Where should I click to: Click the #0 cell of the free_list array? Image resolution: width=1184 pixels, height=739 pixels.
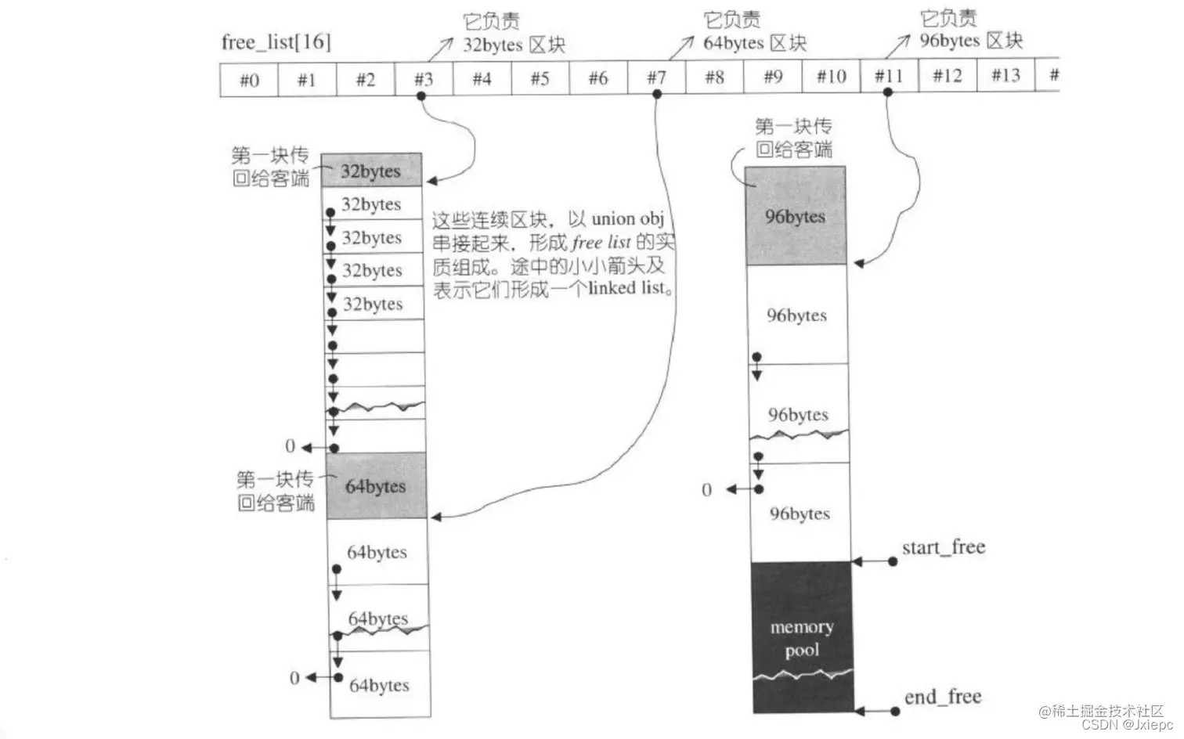pos(249,80)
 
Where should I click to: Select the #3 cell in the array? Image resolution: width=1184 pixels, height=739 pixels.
pos(424,79)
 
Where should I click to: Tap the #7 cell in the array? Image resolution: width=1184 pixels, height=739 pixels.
pos(656,78)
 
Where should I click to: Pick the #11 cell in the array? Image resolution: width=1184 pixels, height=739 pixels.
pos(889,76)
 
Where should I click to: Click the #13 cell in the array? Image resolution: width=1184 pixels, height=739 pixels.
pos(1005,75)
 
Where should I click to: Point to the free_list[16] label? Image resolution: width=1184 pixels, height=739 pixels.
pos(276,42)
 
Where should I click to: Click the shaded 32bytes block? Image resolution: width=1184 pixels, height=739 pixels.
pos(371,171)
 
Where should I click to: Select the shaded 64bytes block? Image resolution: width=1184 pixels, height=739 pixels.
pos(376,485)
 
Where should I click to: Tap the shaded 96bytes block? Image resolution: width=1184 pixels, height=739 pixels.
pos(795,216)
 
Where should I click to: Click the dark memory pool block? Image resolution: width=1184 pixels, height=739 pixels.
pos(802,637)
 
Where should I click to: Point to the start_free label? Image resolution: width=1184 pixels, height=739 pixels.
pos(943,547)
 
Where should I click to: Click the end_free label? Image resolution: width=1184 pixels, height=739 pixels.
pos(942,697)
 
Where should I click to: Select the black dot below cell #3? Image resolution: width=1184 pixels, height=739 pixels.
pos(421,96)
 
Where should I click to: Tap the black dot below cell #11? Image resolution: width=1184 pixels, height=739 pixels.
pos(887,92)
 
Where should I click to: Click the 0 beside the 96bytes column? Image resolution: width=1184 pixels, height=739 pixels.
pos(706,490)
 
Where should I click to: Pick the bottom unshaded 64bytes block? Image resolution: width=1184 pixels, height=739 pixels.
pos(379,685)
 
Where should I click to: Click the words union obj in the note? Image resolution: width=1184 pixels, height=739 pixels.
pos(627,218)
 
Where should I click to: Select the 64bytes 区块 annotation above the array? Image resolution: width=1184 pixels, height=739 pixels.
pos(754,43)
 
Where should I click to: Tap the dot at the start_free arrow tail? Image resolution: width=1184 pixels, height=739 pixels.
pos(893,561)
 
